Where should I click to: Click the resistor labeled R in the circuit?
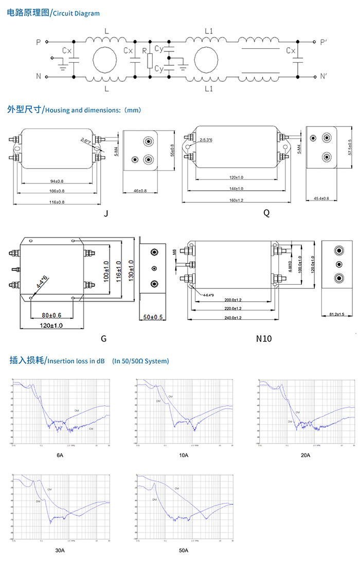pyautogui.click(x=150, y=61)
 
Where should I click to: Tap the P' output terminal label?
pyautogui.click(x=323, y=42)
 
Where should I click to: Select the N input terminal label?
pyautogui.click(x=39, y=77)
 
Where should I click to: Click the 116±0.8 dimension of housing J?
pyautogui.click(x=57, y=203)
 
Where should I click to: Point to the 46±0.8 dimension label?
pyautogui.click(x=140, y=191)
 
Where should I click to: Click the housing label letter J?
pyautogui.click(x=105, y=213)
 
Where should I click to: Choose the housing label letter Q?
pyautogui.click(x=266, y=213)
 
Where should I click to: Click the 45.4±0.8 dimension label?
pyautogui.click(x=321, y=198)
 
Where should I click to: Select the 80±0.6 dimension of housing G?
pyautogui.click(x=51, y=315)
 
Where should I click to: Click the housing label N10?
pyautogui.click(x=264, y=339)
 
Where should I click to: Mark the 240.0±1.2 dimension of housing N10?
pyautogui.click(x=233, y=318)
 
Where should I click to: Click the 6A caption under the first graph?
pyautogui.click(x=60, y=455)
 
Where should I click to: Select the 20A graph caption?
pyautogui.click(x=305, y=455)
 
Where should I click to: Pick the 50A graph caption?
pyautogui.click(x=184, y=551)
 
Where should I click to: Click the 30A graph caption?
pyautogui.click(x=60, y=551)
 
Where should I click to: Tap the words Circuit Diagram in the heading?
pyautogui.click(x=77, y=14)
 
